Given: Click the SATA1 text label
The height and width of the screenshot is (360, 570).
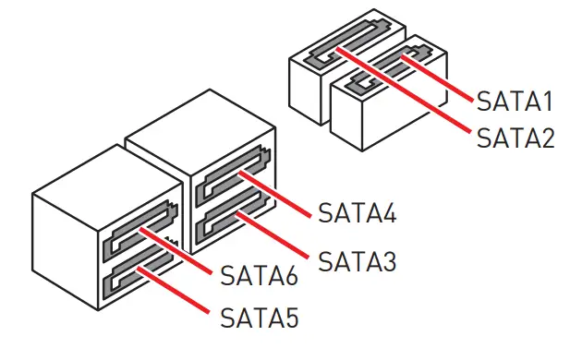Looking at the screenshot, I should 515,101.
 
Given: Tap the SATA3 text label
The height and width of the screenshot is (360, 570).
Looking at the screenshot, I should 357,261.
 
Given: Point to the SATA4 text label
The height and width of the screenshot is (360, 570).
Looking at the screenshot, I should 357,213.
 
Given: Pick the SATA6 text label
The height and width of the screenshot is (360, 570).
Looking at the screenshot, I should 260,275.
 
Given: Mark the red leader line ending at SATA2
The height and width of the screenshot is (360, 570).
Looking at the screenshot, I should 406,97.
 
